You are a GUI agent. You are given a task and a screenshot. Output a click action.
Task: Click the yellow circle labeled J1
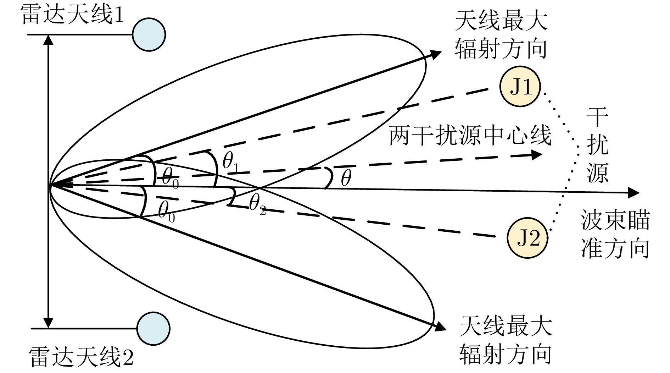(x=520, y=87)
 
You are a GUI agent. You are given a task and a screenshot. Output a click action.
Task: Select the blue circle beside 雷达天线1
(x=149, y=35)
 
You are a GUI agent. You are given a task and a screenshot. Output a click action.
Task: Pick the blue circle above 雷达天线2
(x=153, y=328)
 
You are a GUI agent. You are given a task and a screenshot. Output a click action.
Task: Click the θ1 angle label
(x=231, y=162)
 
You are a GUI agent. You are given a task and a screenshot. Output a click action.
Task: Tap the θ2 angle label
(x=257, y=204)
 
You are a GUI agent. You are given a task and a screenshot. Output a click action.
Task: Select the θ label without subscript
(x=346, y=178)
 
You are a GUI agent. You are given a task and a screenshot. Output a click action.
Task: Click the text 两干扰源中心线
(x=470, y=135)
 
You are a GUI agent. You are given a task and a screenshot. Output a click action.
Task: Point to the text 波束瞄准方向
(x=615, y=234)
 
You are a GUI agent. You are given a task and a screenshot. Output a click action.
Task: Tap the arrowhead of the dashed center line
(x=537, y=155)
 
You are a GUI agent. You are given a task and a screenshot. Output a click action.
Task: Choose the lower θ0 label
(x=167, y=212)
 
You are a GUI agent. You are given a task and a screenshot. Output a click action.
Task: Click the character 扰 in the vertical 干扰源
(x=598, y=145)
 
